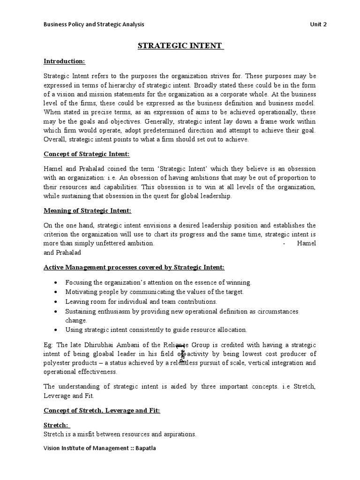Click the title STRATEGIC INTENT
(x=180, y=46)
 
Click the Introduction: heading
(x=65, y=61)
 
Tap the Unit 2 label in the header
(x=318, y=24)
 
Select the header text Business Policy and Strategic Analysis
(x=94, y=24)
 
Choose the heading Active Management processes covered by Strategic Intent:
(x=134, y=267)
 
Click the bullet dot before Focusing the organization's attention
(x=56, y=283)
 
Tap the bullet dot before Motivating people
(x=56, y=292)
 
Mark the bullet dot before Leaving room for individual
(x=56, y=302)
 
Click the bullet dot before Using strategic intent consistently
(x=56, y=330)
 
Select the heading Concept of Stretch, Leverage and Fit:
(x=102, y=410)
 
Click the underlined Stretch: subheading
(x=56, y=426)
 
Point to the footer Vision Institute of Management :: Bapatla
(x=99, y=448)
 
